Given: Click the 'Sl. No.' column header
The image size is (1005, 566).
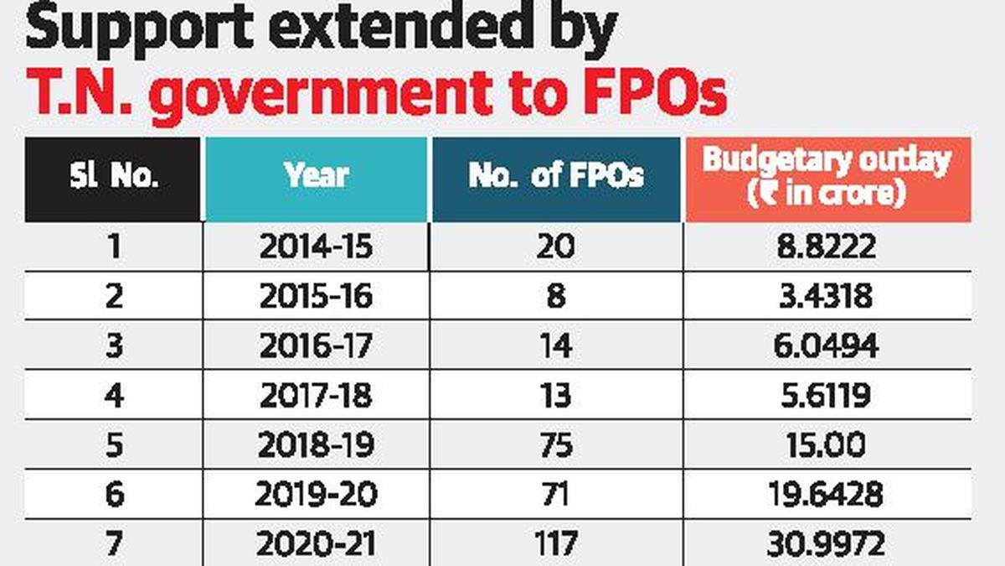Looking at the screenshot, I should pos(113,178).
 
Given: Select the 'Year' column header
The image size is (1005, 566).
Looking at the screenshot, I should pos(317,177).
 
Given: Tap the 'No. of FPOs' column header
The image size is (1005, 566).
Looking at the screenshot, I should pos(556,177).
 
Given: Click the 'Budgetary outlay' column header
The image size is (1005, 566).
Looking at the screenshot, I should pos(827,177).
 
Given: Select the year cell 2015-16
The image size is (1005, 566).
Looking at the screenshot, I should pos(316,297).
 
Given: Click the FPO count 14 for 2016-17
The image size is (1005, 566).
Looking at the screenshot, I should pos(556,345).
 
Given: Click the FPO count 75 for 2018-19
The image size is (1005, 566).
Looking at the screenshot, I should pos(556,445).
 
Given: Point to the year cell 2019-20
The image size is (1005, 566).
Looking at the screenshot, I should pos(316,495).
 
